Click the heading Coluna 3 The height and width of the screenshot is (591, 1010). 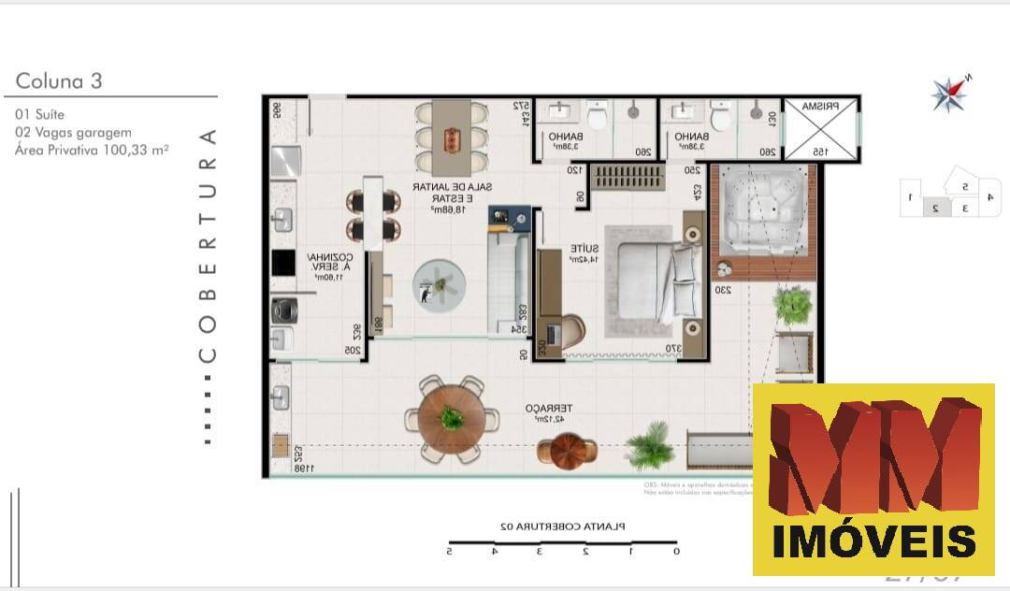pos(59,81)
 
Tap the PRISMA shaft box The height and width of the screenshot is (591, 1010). pos(819,129)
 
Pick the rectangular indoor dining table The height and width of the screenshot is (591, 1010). pos(452,138)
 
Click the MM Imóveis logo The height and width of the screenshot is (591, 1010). pos(873,479)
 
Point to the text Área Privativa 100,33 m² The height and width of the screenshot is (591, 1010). pos(92,149)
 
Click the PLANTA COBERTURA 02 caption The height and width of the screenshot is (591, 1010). pos(563,526)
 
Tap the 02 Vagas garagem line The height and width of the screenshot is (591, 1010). pos(73,132)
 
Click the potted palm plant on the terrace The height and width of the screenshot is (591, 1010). pos(647,445)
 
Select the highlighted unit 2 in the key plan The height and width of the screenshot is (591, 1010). pos(934,208)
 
